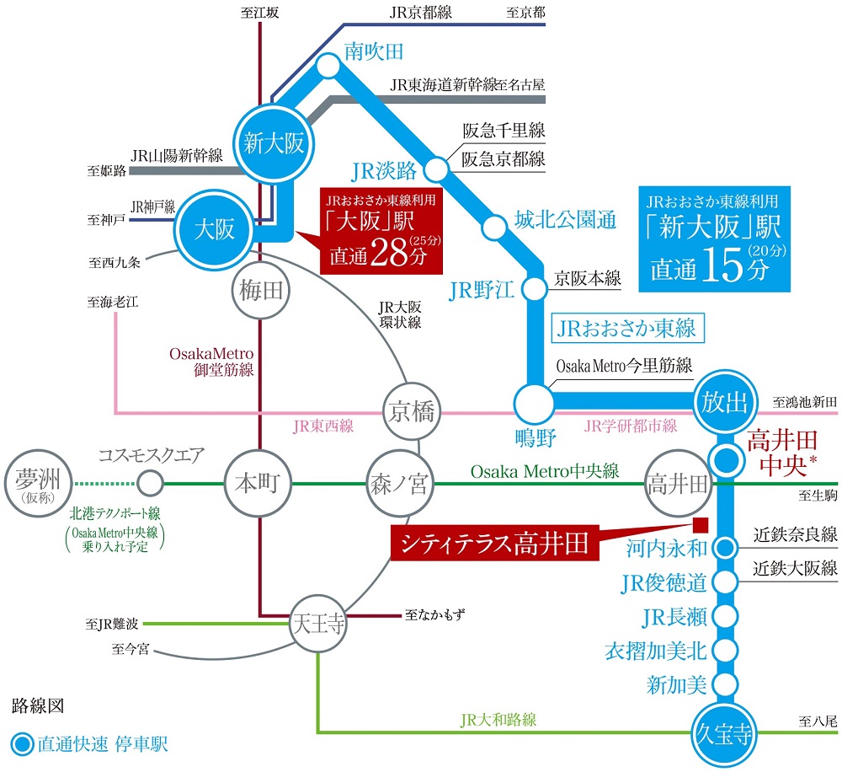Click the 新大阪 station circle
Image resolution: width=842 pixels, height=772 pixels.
[274, 142]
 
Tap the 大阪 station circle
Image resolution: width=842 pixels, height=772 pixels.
[215, 229]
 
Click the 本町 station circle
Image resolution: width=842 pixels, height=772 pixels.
[258, 485]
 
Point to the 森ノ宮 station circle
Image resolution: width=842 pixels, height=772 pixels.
[399, 485]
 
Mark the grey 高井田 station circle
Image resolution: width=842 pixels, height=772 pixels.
[677, 485]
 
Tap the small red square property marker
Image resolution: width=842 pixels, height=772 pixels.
[698, 523]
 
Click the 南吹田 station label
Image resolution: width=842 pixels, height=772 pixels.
[375, 52]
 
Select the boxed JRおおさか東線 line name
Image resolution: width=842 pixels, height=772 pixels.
[627, 328]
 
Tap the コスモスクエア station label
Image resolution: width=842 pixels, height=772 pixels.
[152, 456]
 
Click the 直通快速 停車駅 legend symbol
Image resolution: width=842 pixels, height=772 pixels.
[23, 744]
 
